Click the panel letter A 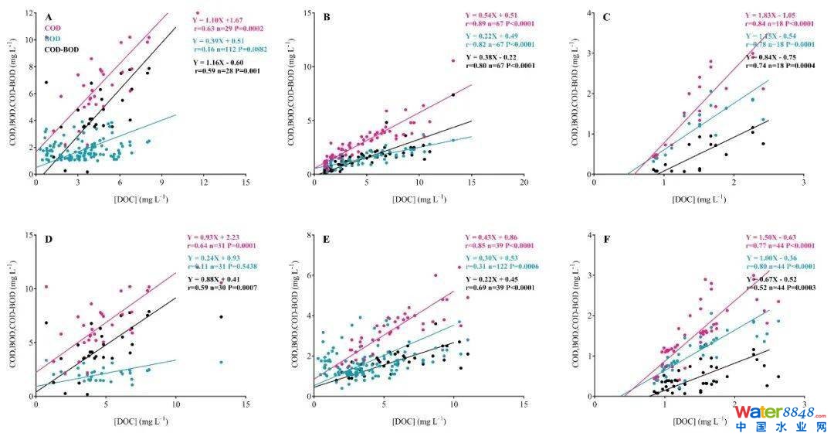[x=49, y=17]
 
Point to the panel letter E [x=327, y=239]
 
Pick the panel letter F [x=606, y=239]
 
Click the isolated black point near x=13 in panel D [x=221, y=316]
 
